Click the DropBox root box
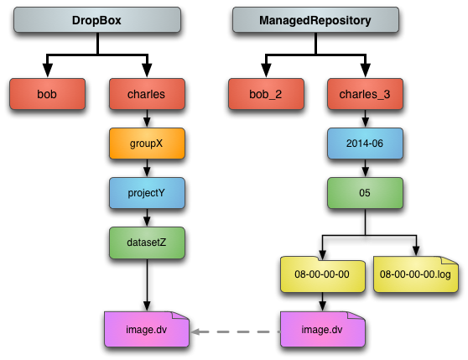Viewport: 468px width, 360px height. (x=97, y=20)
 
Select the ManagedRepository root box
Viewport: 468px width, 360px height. (x=316, y=20)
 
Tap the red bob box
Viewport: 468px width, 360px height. (x=48, y=94)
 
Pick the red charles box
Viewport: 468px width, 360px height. (x=147, y=94)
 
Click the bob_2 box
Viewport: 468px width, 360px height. (x=266, y=94)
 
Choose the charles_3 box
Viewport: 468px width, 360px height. (x=366, y=94)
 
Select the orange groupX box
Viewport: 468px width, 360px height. (x=147, y=143)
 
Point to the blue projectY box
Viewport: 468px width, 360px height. (x=147, y=193)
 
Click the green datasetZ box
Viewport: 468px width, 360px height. (x=147, y=243)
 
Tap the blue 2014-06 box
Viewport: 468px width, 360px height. (x=366, y=143)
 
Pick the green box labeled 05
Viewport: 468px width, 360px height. (x=366, y=193)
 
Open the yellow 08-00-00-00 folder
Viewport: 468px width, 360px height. (x=323, y=274)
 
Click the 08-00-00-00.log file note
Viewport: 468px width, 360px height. (x=416, y=274)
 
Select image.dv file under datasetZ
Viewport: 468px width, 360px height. (x=147, y=329)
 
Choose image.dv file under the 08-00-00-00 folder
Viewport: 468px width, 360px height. (x=323, y=329)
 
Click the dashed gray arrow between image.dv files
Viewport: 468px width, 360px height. (x=235, y=331)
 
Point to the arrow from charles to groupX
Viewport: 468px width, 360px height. (x=147, y=118)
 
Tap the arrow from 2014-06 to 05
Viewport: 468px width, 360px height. (x=366, y=168)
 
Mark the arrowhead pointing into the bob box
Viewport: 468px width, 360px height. (x=48, y=70)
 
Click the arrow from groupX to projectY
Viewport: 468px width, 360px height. (x=147, y=168)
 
